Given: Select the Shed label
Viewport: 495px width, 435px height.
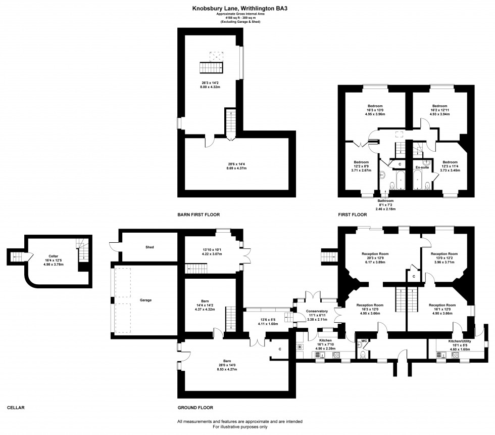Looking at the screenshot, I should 150,247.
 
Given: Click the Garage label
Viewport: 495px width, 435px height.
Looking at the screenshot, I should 146,300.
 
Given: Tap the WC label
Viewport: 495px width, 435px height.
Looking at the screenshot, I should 364,341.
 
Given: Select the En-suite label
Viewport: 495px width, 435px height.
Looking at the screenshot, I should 422,167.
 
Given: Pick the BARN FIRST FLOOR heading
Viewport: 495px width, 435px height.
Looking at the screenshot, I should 198,214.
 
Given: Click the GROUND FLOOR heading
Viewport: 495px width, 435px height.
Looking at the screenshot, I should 195,407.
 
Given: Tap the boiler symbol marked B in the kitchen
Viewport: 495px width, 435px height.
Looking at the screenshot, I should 300,347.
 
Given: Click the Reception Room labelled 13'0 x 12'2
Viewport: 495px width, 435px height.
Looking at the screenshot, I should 443,253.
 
